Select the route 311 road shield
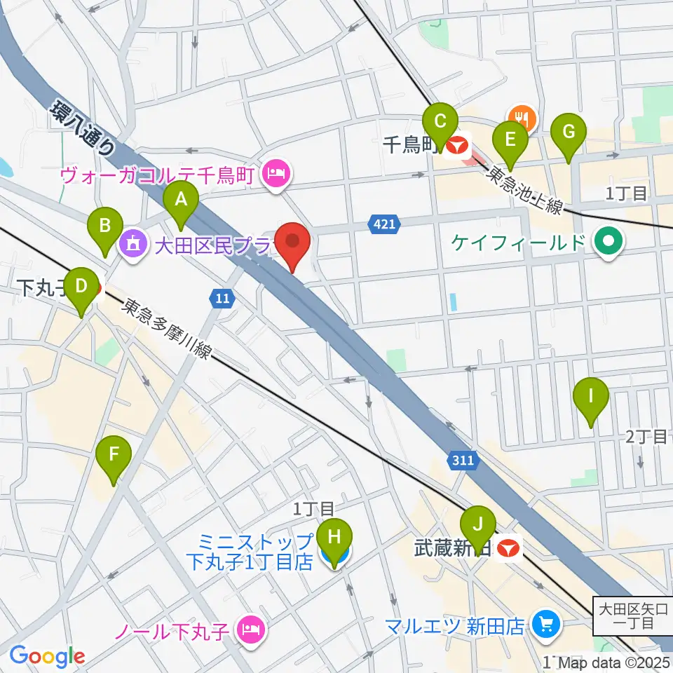[x=463, y=461]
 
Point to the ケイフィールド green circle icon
[x=607, y=243]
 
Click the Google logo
[x=46, y=656]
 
